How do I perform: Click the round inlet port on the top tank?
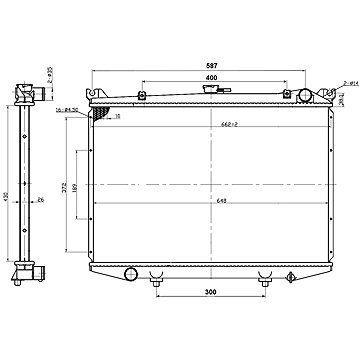coord(305,97)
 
